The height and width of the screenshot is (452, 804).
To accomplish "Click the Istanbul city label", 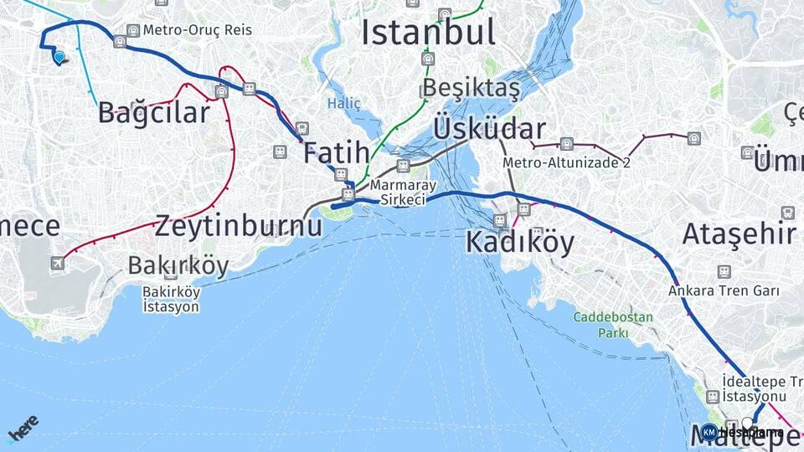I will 428,33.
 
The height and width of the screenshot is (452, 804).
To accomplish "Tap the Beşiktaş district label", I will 472,88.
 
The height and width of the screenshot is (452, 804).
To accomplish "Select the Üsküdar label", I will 489,129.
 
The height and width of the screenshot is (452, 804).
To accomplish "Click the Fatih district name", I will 336,152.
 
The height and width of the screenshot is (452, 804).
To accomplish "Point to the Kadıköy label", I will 520,243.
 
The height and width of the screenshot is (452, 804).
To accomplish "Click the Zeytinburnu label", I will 238,225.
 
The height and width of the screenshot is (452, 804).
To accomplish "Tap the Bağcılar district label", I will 153,112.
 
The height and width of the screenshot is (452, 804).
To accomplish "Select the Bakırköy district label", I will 178,265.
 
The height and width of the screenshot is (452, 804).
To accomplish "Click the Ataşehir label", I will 739,234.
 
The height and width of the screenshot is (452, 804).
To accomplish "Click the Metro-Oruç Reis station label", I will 197,30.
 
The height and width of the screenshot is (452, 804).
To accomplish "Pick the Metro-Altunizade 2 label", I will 567,162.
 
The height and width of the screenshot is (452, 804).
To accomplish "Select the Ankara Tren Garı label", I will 724,291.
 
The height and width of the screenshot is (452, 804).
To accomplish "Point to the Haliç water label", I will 343,104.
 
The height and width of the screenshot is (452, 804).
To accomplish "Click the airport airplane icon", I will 57,264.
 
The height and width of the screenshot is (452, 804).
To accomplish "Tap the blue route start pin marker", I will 59,57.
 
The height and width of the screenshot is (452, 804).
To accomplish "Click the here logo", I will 23,427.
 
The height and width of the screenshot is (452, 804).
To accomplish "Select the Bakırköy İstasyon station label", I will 171,299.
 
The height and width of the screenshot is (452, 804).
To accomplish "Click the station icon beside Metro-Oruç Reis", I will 132,31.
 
